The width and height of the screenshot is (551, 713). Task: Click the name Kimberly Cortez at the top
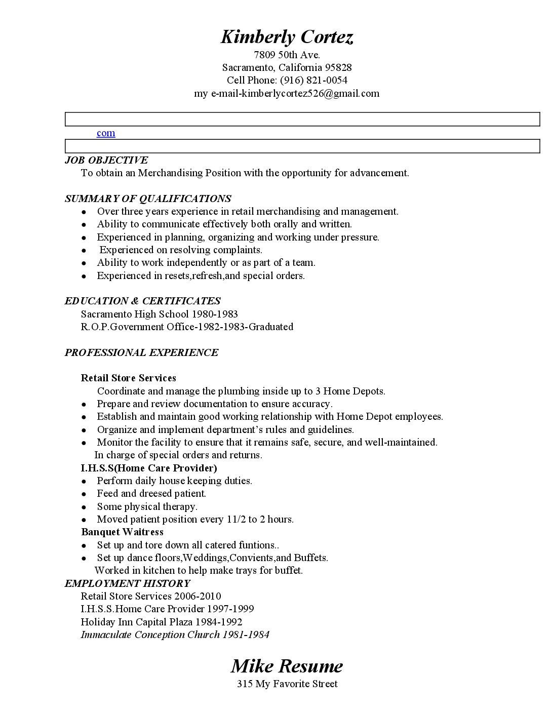click(x=287, y=37)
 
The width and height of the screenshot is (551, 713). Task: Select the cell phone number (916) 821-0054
click(x=313, y=80)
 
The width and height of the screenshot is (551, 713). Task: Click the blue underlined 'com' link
click(x=106, y=133)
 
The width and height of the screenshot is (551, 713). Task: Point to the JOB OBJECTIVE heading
click(x=106, y=160)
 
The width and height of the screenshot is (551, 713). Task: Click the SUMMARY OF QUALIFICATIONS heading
click(x=148, y=199)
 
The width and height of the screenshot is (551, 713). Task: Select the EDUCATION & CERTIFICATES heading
click(x=142, y=301)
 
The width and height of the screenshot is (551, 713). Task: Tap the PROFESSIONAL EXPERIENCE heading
click(x=141, y=352)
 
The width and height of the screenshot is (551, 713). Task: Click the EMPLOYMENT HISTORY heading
click(x=127, y=583)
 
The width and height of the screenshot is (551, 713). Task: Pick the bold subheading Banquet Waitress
click(x=122, y=532)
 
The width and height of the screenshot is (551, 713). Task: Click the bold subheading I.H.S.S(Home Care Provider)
click(x=149, y=468)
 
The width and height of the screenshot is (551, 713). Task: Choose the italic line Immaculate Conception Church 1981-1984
click(x=175, y=635)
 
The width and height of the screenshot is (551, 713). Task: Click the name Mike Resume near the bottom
click(x=287, y=665)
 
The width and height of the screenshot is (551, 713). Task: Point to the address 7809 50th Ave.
click(x=287, y=55)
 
